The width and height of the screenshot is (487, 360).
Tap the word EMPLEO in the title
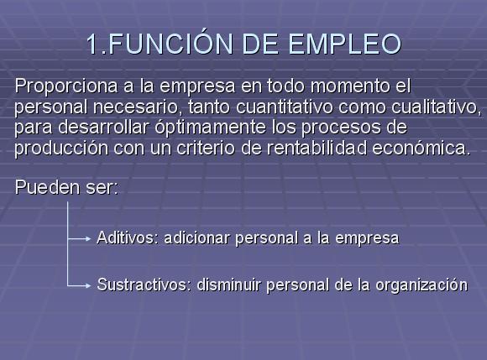pyautogui.click(x=345, y=44)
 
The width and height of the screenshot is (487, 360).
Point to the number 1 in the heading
pyautogui.click(x=93, y=44)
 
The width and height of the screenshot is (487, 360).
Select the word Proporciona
pyautogui.click(x=66, y=86)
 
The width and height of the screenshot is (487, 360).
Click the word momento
pyautogui.click(x=350, y=86)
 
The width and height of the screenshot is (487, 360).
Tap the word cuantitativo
pyautogui.click(x=285, y=107)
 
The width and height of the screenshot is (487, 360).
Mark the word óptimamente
pyautogui.click(x=210, y=128)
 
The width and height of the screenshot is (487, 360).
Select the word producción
pyautogui.click(x=61, y=149)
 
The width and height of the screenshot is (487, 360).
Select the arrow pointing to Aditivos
pyautogui.click(x=79, y=239)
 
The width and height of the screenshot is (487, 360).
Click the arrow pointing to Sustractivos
pyautogui.click(x=79, y=285)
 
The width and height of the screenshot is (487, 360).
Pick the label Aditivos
pyautogui.click(x=128, y=237)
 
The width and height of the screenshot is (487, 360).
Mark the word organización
pyautogui.click(x=422, y=285)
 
